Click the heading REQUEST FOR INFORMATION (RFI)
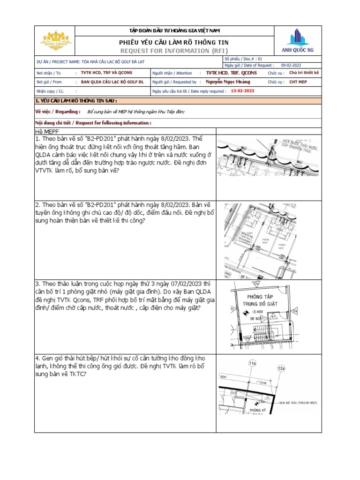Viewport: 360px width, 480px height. (174, 50)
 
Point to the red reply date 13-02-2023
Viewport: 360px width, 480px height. (243, 91)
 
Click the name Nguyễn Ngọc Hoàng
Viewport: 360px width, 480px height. (228, 82)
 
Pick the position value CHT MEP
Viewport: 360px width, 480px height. (298, 82)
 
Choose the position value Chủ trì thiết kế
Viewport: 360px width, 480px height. (304, 73)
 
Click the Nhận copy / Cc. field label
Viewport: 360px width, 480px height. (50, 91)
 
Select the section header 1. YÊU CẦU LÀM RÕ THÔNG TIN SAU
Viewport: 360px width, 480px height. (76, 101)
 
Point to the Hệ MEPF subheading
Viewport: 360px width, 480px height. (47, 131)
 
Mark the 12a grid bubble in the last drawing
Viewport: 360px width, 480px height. (281, 369)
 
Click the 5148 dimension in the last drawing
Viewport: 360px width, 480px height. (263, 382)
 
